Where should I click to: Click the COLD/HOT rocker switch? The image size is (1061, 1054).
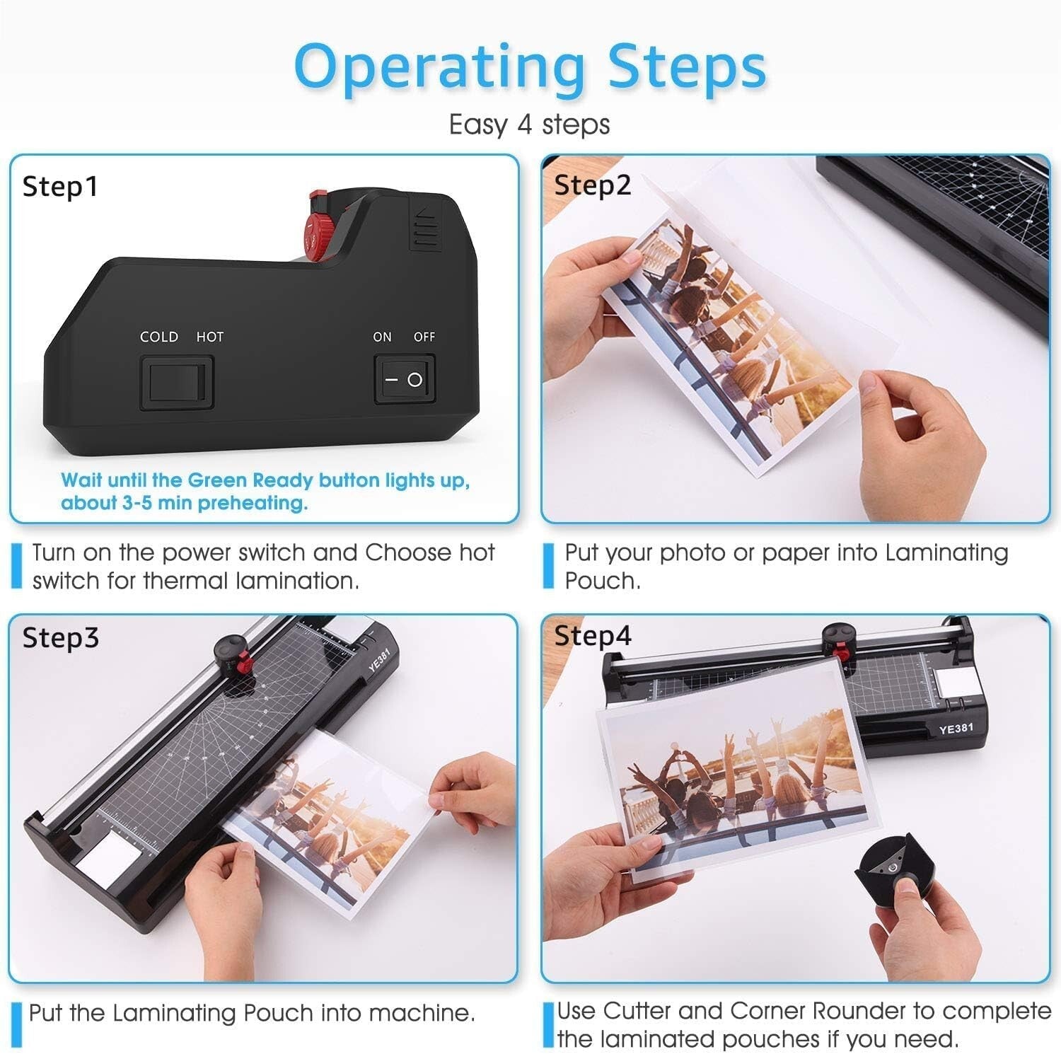178,383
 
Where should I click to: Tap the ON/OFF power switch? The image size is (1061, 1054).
404,380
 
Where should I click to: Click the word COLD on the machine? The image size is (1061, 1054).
159,337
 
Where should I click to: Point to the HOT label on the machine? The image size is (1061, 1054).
209,337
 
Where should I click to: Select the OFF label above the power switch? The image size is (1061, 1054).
424,337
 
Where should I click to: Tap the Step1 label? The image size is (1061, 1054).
60,187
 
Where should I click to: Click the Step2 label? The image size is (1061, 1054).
592,185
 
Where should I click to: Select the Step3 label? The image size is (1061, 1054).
61,637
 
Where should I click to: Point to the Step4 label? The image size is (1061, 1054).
592,635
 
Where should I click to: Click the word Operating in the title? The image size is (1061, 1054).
439,67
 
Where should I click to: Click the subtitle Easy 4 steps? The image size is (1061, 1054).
529,124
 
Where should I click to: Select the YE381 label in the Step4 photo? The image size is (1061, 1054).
956,729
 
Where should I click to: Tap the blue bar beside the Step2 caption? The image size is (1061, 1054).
548,567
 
